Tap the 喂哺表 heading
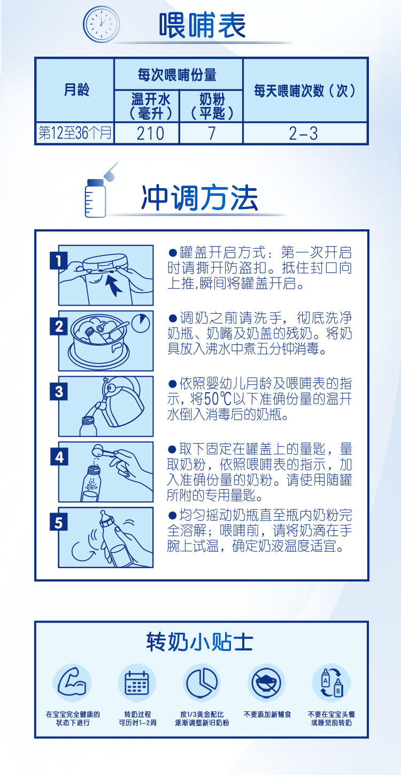tap(202, 25)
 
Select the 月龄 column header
tap(75, 90)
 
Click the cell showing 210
tap(147, 133)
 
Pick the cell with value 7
tap(211, 133)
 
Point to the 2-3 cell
tap(305, 133)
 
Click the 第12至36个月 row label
tap(75, 133)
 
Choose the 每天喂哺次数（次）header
tap(305, 90)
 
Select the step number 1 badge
tap(59, 261)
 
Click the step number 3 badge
tap(59, 392)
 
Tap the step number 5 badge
tap(59, 522)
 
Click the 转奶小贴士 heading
tap(200, 642)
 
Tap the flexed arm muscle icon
tap(72, 683)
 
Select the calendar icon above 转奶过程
tap(137, 683)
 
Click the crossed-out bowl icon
tap(267, 683)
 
